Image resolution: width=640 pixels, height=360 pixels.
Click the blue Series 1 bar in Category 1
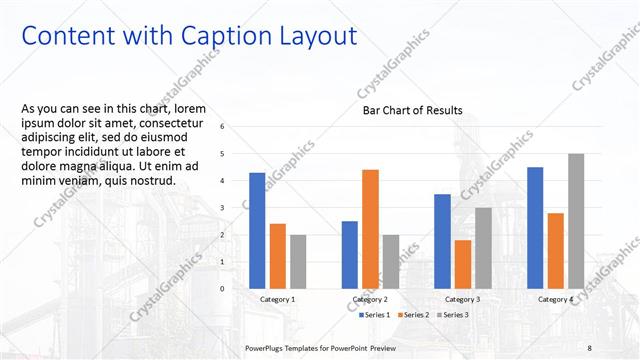(x=257, y=231)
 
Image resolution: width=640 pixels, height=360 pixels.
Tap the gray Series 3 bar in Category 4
(x=576, y=221)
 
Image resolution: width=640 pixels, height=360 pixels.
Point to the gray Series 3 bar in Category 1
(x=298, y=262)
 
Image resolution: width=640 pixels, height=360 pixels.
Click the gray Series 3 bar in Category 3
(x=483, y=248)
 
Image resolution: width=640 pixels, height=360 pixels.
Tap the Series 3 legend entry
(x=453, y=315)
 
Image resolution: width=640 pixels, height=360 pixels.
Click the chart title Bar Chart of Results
(x=412, y=111)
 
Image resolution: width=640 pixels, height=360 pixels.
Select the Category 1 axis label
(x=277, y=299)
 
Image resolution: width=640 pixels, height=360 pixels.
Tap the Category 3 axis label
(x=462, y=299)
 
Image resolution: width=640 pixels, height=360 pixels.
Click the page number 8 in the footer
(x=590, y=347)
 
